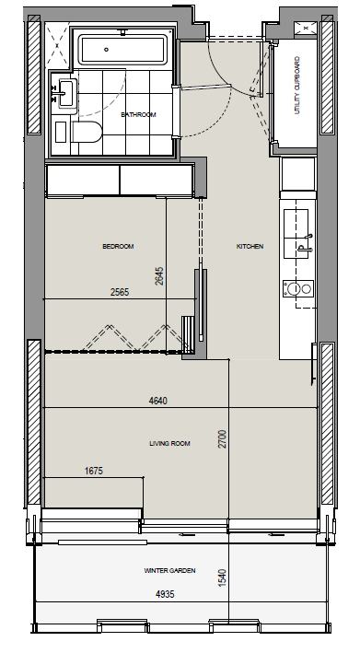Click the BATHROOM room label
click(138, 114)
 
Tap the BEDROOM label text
click(118, 247)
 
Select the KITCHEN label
click(250, 247)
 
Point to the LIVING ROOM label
click(169, 444)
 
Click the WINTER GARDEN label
click(169, 570)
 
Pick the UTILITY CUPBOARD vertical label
click(297, 86)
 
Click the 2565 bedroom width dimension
click(120, 292)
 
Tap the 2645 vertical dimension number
click(159, 275)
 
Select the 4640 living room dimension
click(158, 401)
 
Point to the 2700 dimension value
click(223, 439)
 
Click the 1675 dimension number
click(94, 471)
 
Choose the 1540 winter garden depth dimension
click(223, 578)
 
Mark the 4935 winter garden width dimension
click(165, 594)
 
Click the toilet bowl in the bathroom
click(87, 132)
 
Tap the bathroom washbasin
click(65, 92)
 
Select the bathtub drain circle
click(107, 50)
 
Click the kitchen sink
click(296, 234)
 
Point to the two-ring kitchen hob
click(298, 288)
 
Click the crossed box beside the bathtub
click(56, 45)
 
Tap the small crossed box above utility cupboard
click(306, 28)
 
